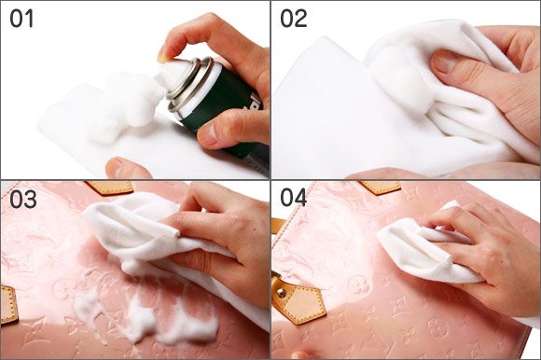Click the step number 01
pos(21,19)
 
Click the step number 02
pos(294,19)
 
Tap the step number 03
pos(22,199)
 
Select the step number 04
pos(294,198)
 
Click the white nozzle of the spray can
pos(170,73)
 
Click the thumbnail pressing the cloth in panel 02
pos(442,62)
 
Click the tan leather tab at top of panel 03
pos(110,187)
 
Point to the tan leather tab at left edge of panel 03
pos(7,305)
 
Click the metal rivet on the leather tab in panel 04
pos(281,293)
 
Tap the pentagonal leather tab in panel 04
pos(298,302)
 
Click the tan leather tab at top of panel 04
pos(380,187)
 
